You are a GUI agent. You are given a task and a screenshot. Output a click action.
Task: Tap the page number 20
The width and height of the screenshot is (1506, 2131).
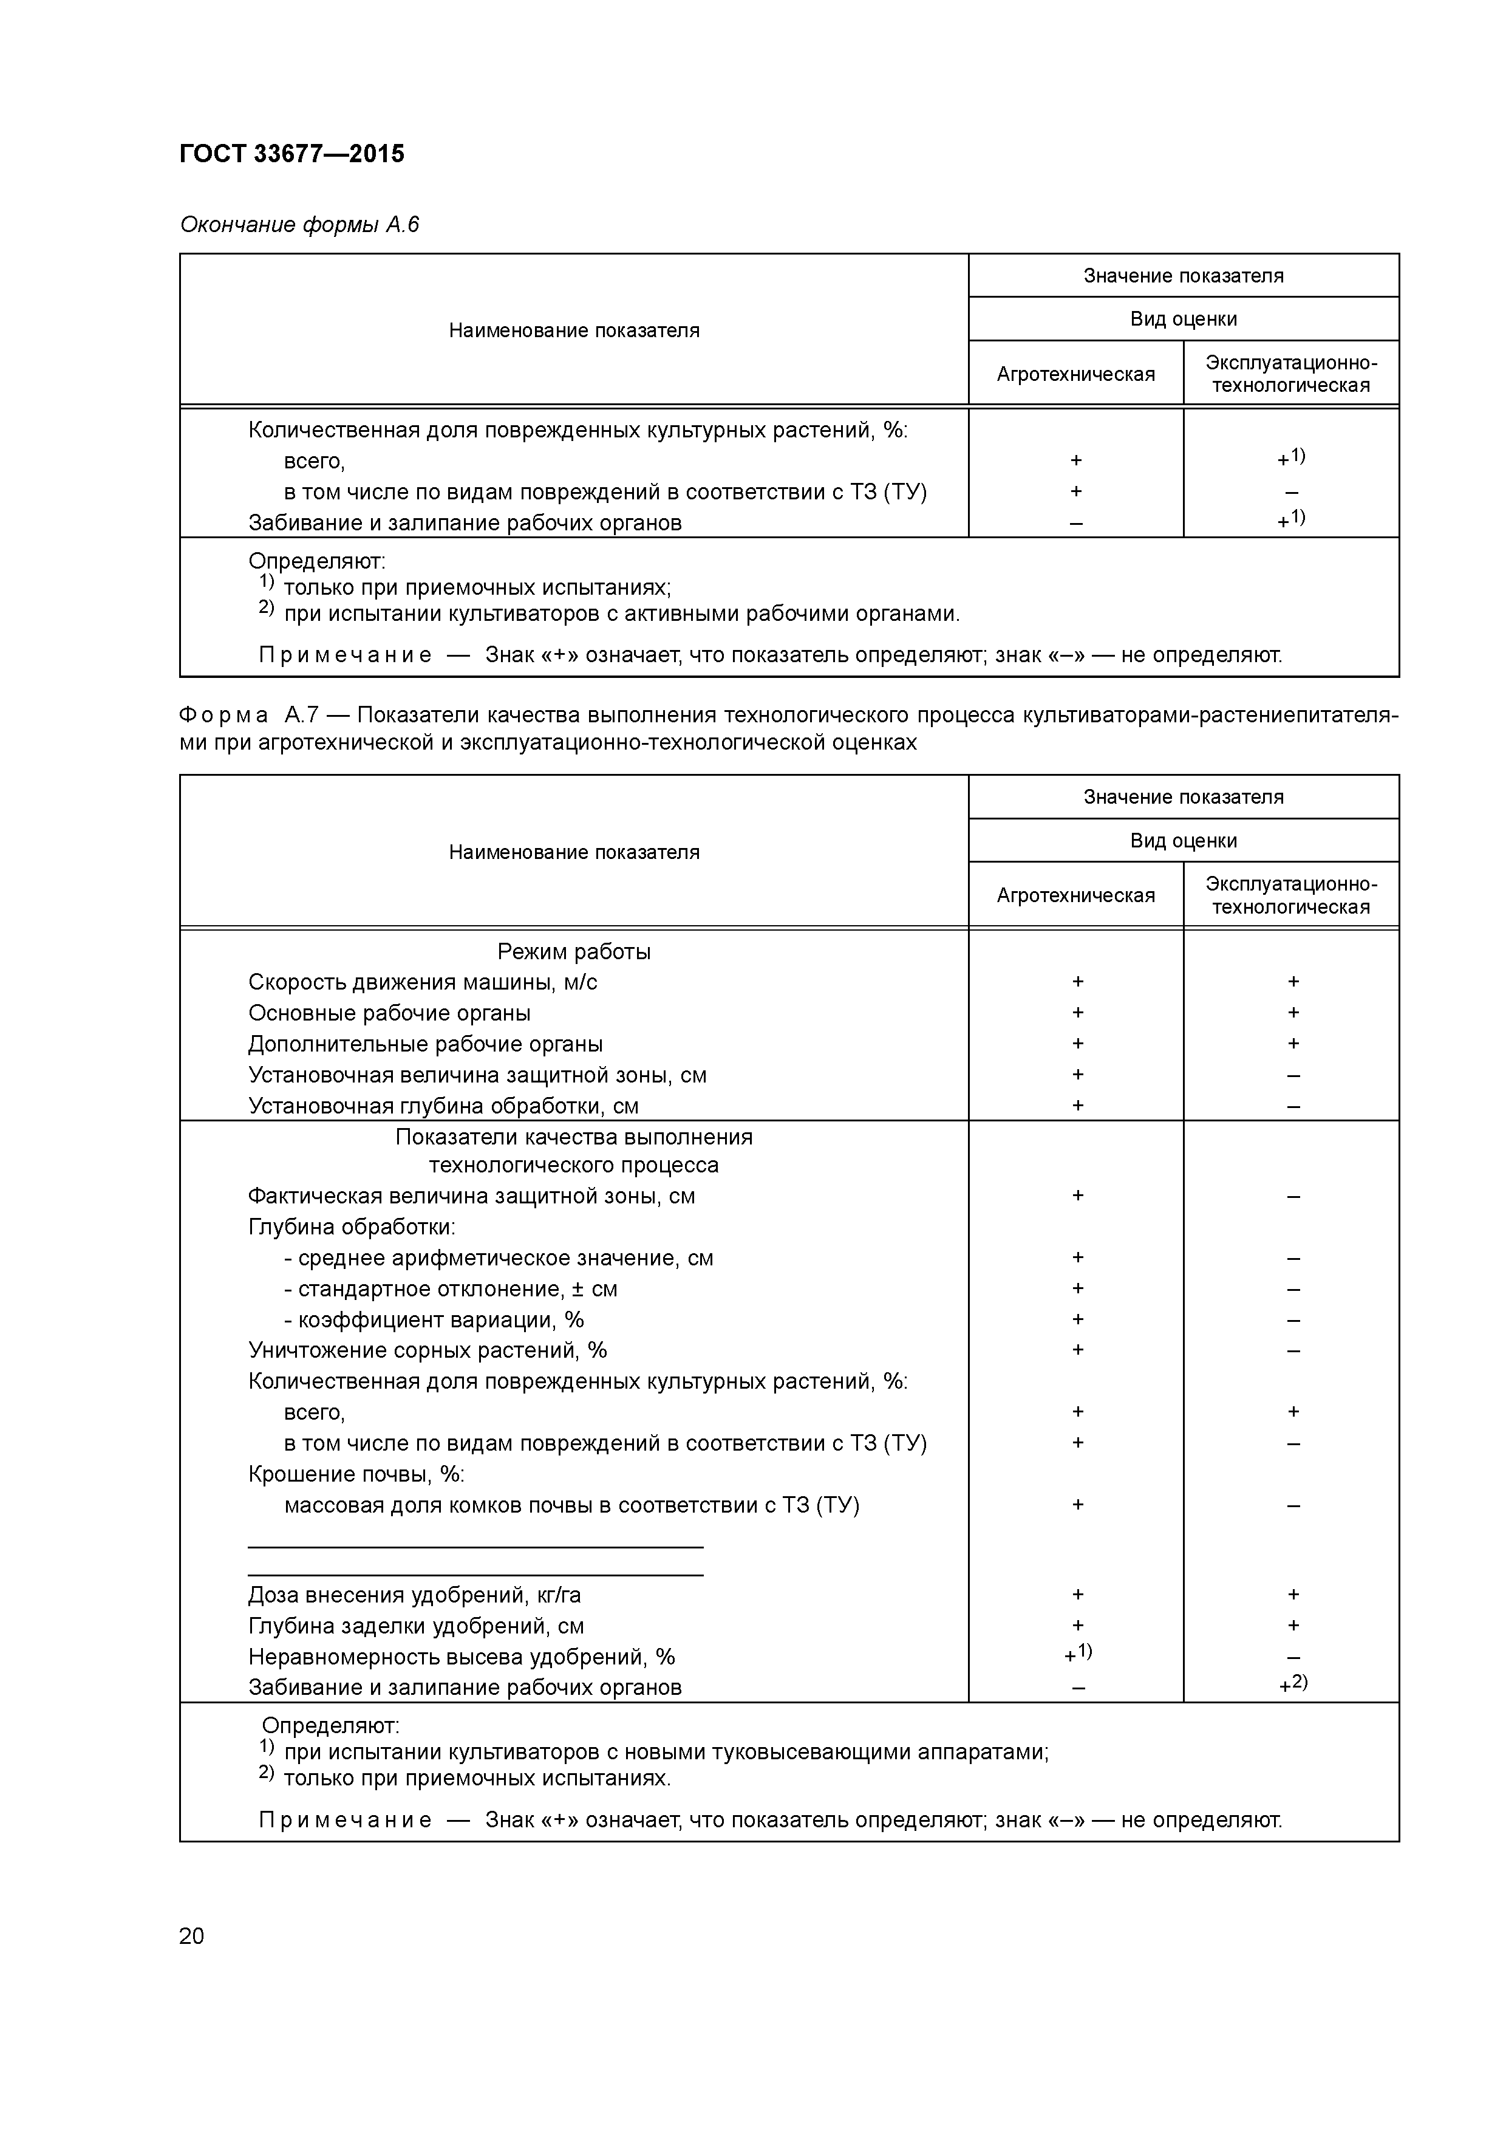(x=191, y=1936)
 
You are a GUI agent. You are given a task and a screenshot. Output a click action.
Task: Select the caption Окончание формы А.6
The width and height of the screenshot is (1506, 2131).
(x=299, y=225)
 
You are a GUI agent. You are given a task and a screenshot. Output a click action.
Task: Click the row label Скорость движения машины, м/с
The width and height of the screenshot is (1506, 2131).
(x=422, y=982)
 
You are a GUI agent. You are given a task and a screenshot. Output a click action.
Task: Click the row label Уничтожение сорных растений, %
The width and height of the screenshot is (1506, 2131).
(x=427, y=1350)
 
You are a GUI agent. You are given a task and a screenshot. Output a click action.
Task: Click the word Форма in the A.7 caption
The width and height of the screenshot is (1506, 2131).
(x=223, y=714)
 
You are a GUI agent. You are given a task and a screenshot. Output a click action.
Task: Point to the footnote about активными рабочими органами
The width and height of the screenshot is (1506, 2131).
(x=620, y=614)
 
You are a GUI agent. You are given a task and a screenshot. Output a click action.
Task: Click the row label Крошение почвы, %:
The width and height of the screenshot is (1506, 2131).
(x=355, y=1474)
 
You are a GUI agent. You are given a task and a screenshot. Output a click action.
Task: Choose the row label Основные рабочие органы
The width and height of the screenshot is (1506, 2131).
(x=389, y=1013)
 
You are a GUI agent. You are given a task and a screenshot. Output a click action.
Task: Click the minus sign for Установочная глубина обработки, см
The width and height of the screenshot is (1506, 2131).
(x=1293, y=1106)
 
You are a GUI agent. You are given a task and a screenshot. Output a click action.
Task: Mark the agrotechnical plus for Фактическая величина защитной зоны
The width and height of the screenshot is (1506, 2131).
(x=1077, y=1196)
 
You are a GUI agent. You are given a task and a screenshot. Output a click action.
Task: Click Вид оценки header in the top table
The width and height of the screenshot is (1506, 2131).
(x=1183, y=320)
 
